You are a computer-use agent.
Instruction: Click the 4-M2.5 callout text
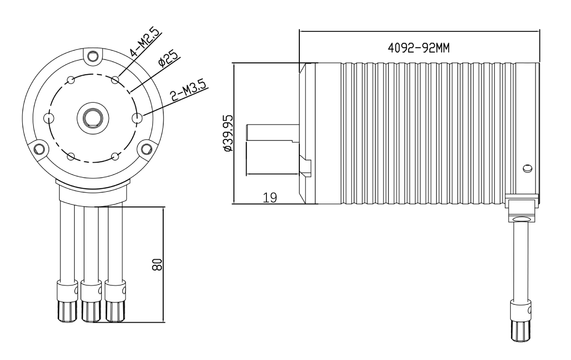pos(145,42)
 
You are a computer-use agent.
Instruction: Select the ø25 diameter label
pos(167,58)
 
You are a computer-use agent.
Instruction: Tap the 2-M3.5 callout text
pos(188,91)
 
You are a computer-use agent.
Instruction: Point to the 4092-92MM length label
pos(419,48)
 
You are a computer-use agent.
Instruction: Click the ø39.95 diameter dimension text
pos(228,133)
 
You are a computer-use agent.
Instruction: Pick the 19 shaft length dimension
pos(270,198)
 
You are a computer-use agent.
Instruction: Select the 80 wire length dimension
pos(157,264)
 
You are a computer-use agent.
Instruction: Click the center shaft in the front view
pos(93,118)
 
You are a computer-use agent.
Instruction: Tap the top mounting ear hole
pos(93,56)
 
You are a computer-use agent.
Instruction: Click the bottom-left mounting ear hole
pos(39,148)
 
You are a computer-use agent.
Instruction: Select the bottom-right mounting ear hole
pos(147,148)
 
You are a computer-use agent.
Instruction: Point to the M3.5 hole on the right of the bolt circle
pos(138,118)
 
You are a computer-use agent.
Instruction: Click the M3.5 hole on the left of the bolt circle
pos(49,118)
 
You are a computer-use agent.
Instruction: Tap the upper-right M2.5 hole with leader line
pos(115,80)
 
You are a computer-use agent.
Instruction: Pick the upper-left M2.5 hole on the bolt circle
pos(70,80)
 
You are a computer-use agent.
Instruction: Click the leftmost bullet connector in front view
pos(67,302)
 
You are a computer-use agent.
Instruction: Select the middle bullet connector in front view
pos(91,302)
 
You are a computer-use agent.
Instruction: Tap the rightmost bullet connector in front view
pos(115,302)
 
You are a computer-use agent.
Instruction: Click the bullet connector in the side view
pos(521,321)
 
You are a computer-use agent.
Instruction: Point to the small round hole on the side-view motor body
pos(527,168)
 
